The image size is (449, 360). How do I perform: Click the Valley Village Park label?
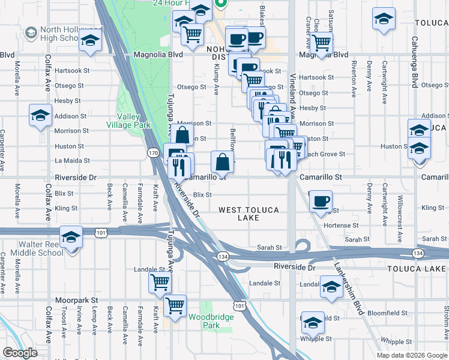(123, 121)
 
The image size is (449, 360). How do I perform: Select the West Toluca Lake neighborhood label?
(247, 214)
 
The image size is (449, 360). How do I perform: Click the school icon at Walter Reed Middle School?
(71, 238)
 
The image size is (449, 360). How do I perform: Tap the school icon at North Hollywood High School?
(90, 41)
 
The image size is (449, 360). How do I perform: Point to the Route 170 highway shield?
(154, 154)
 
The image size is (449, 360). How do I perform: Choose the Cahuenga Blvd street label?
(414, 58)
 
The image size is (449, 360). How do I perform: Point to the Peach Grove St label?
(324, 154)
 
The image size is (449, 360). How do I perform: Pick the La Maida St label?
(72, 161)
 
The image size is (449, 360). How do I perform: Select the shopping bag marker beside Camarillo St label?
(222, 161)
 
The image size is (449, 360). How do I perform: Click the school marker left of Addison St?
(40, 116)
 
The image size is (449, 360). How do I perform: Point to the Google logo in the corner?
(20, 353)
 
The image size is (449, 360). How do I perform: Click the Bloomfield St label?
(387, 313)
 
